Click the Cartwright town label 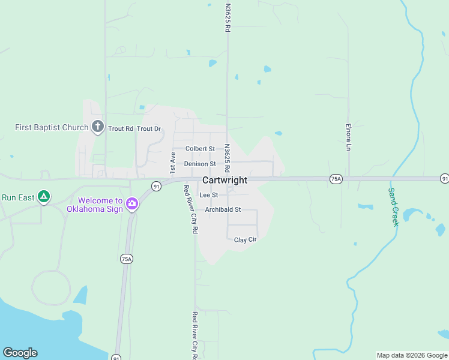[225, 180]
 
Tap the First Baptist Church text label [52, 127]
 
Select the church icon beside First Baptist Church [98, 127]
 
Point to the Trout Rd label [121, 129]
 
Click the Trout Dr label [149, 129]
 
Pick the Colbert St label [200, 149]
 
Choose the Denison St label [200, 164]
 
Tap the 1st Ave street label [173, 163]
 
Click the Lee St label [208, 195]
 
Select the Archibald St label [223, 210]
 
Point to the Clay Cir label [245, 240]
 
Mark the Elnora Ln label [348, 137]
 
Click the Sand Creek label [394, 206]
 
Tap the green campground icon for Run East [43, 197]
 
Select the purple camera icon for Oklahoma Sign [132, 205]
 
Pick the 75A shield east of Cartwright [336, 179]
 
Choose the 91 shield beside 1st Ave [156, 187]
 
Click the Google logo [20, 353]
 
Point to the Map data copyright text [412, 355]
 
